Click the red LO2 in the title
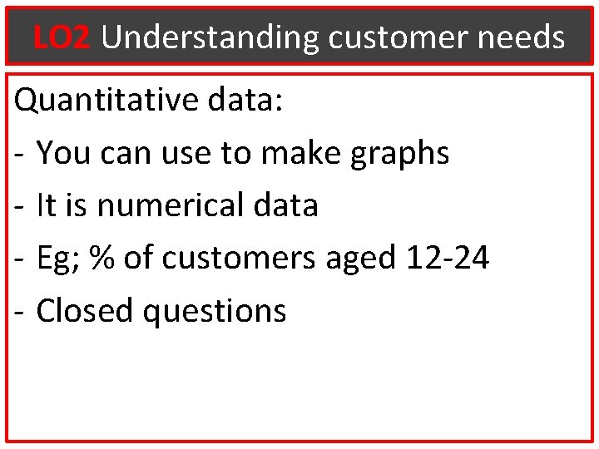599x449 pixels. (62, 37)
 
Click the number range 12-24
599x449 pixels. (448, 259)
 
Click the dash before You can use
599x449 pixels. (20, 155)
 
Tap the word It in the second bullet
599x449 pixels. (46, 205)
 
